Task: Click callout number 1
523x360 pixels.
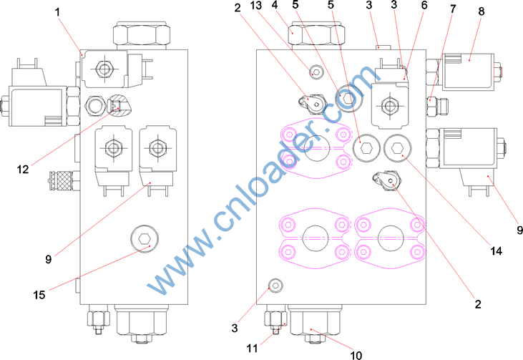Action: point(57,12)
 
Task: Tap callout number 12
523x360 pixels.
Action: point(23,170)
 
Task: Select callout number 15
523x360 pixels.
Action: point(39,295)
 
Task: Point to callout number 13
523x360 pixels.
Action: point(256,5)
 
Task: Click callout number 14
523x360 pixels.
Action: point(496,250)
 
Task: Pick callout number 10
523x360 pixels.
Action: point(356,355)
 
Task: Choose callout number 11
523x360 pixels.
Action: point(252,348)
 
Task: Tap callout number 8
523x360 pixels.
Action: point(481,11)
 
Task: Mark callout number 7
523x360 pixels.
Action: point(453,9)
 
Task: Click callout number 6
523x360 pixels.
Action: point(424,5)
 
